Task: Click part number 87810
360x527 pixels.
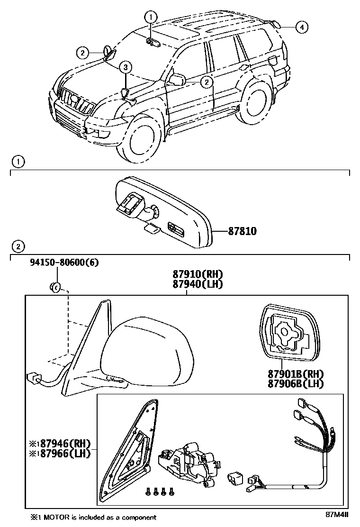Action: pyautogui.click(x=242, y=232)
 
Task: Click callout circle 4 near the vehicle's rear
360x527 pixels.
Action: pyautogui.click(x=301, y=27)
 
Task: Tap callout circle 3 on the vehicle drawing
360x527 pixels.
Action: pyautogui.click(x=125, y=67)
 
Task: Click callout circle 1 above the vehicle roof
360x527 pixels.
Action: pyautogui.click(x=151, y=18)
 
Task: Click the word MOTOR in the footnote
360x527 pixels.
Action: pyautogui.click(x=57, y=518)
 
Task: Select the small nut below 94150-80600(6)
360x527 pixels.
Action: pyautogui.click(x=54, y=286)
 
